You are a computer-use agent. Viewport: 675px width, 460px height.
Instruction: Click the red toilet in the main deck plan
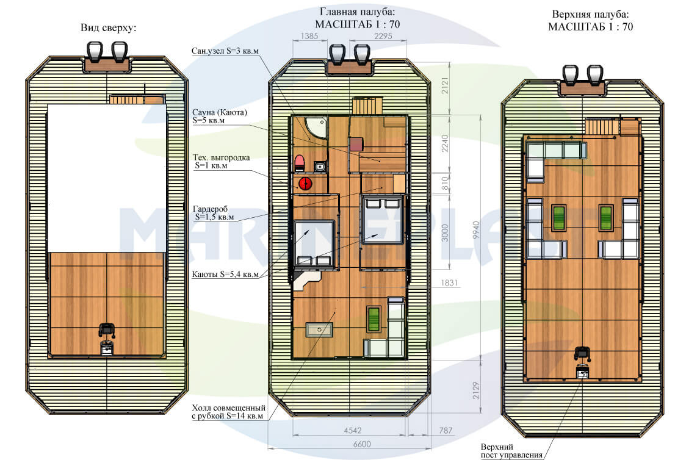pos(300,163)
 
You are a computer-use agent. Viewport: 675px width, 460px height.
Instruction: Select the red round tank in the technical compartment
pos(305,184)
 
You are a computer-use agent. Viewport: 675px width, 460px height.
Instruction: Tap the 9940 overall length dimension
pos(475,230)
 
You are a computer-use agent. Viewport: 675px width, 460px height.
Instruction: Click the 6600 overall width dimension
pos(361,444)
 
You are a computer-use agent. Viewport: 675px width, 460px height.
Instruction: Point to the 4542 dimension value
pos(353,430)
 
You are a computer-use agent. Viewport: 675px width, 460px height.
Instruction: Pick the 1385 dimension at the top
pos(309,36)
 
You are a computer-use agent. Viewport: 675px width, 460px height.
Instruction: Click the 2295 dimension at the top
pos(383,36)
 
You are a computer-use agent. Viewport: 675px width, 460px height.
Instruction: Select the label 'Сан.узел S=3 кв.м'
pos(225,51)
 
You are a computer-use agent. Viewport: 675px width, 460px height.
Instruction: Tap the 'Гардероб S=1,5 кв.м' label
pos(214,213)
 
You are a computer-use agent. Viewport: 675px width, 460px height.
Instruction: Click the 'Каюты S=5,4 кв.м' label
pos(226,274)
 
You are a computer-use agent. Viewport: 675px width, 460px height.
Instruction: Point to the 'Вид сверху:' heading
pos(109,28)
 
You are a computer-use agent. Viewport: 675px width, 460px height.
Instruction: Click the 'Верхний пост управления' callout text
pos(511,451)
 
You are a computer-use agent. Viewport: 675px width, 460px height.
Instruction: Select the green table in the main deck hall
pos(374,319)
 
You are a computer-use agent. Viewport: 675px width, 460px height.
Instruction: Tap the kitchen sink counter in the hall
pos(319,329)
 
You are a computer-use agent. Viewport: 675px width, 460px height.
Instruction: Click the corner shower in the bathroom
pos(316,128)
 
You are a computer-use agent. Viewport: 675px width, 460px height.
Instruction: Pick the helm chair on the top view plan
pos(107,329)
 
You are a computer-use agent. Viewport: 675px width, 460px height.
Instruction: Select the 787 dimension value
pos(446,430)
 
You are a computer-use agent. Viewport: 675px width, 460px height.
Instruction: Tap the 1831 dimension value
pos(449,282)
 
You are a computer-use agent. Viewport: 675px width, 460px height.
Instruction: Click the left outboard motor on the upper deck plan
pos(570,75)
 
